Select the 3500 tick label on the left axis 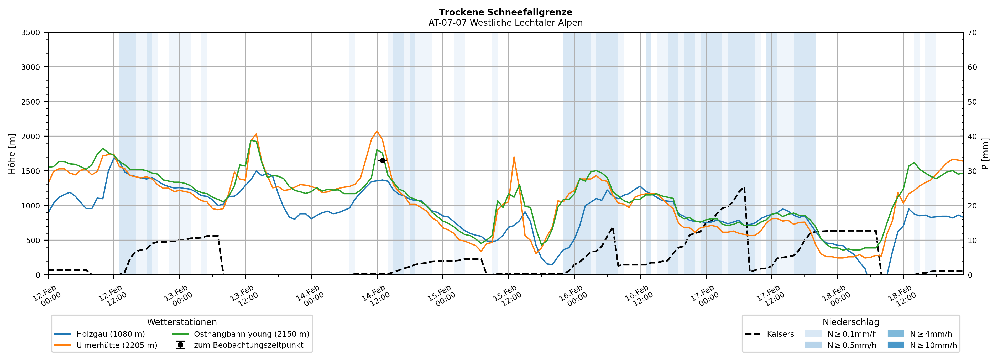click(31, 33)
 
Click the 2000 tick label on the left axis click(31, 136)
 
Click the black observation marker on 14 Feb click(382, 160)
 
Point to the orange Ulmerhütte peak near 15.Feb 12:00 click(514, 157)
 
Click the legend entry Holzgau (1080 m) click(111, 334)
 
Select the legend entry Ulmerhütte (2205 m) click(117, 345)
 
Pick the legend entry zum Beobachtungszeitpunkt click(248, 345)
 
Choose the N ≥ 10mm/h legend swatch click(895, 345)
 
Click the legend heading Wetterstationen click(182, 322)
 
